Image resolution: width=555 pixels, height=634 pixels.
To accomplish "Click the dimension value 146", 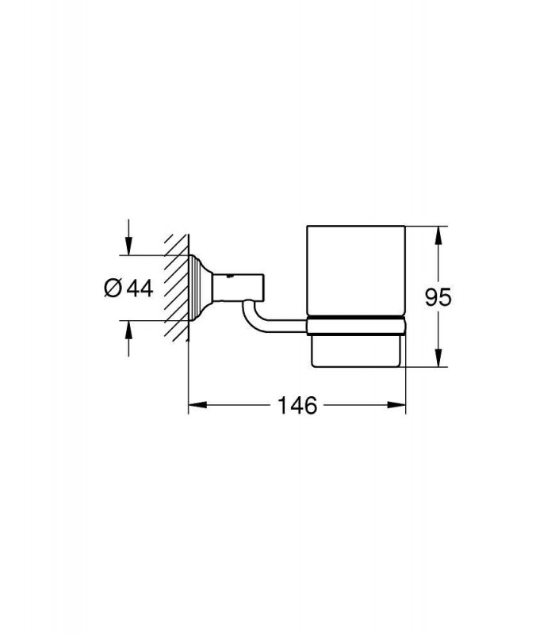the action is [297, 405].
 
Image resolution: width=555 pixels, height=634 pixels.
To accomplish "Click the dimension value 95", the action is [438, 297].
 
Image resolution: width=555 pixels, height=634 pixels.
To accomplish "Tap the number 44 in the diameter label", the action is [140, 288].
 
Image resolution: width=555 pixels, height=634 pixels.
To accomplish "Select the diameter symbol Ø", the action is [113, 288].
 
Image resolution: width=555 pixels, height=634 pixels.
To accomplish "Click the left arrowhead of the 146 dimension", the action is [197, 405].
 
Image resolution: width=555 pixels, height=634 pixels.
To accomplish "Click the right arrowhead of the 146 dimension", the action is [396, 405].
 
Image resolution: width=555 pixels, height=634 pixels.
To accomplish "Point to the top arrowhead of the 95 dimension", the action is [438, 235].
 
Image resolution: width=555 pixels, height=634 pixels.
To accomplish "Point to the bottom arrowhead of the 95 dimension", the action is [438, 358].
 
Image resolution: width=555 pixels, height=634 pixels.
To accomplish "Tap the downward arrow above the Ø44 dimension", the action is [128, 237].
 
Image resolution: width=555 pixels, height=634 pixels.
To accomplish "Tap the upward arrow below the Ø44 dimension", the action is [128, 339].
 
